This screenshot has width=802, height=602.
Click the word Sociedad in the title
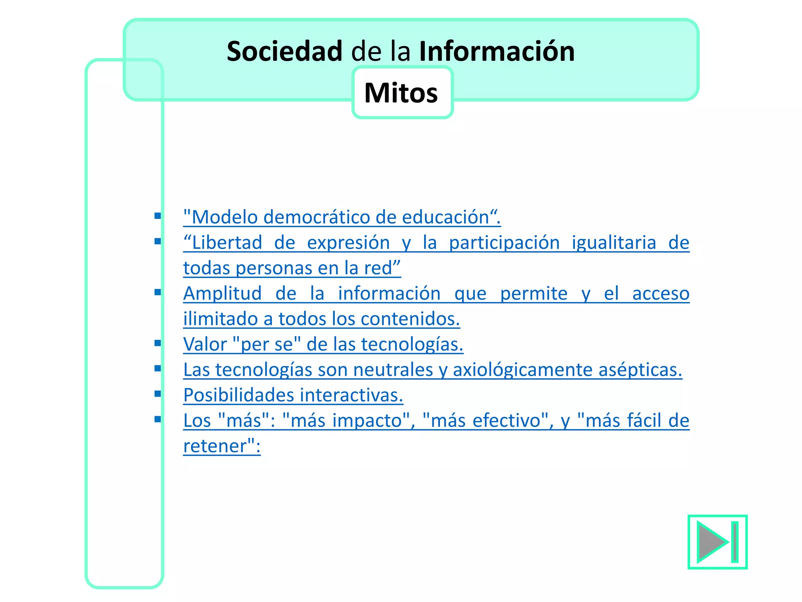tap(285, 51)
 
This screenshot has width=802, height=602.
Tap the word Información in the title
tap(497, 51)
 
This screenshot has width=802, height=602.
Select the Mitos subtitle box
tap(402, 93)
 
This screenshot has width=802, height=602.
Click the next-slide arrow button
tap(717, 542)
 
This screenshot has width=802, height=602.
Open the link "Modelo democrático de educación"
tap(341, 217)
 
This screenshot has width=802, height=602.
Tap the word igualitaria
tap(614, 243)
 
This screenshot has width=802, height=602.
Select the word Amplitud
tap(222, 293)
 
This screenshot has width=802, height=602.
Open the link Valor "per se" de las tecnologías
tap(323, 344)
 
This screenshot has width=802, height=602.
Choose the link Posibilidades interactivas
tap(293, 395)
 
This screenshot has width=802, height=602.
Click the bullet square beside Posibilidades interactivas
tap(158, 394)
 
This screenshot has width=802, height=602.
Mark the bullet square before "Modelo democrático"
tap(158, 216)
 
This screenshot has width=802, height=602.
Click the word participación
tap(504, 243)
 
